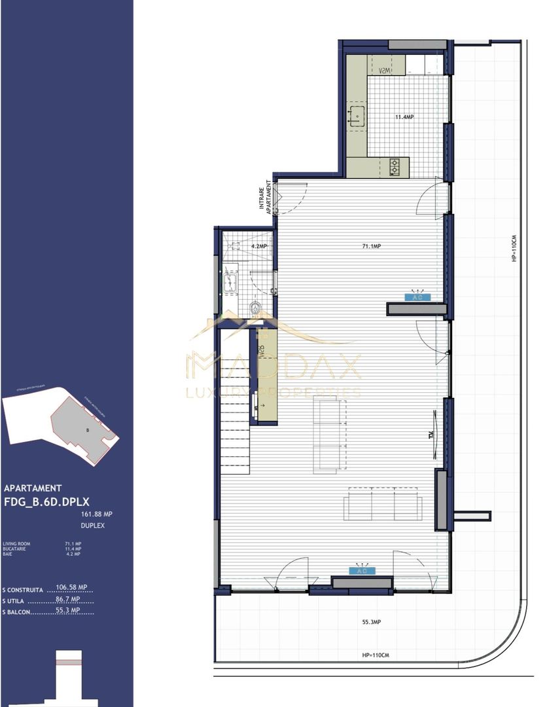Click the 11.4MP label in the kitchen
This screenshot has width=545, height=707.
404,117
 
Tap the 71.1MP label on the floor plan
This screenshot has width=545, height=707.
372,246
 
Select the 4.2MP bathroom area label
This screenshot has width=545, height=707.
259,246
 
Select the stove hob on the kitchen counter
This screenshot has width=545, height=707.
395,167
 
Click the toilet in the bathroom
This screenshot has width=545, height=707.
257,307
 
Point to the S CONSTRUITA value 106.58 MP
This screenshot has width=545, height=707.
72,587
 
